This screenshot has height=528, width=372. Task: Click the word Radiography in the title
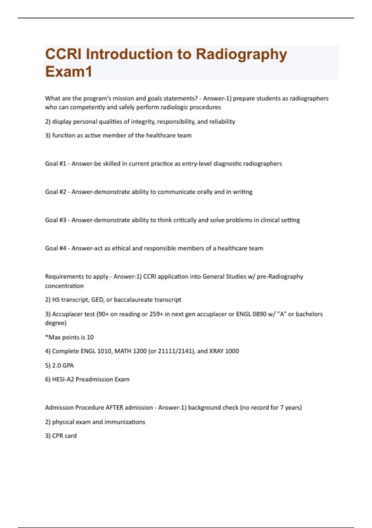241,54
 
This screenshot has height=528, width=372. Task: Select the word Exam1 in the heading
69,72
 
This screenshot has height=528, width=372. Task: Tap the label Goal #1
55,164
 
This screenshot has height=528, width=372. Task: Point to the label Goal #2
55,192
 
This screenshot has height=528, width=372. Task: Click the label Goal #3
55,220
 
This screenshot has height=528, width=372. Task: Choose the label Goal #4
55,248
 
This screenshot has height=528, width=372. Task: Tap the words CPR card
64,436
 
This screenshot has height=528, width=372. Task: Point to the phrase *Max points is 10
69,337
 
